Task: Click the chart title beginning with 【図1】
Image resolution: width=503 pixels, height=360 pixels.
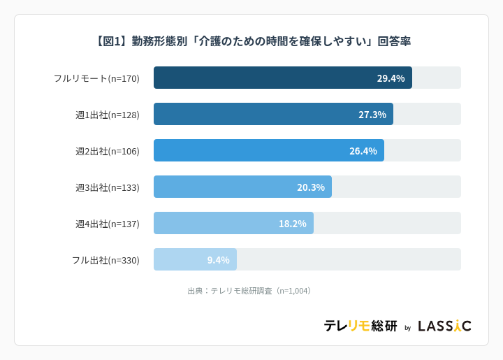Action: pos(251,41)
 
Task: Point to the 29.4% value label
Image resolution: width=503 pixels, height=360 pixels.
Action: pos(391,78)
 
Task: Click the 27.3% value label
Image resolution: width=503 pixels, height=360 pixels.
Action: pos(372,115)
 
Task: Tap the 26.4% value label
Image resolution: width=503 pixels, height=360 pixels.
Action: pos(363,151)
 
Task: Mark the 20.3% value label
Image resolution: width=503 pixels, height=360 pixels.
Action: pos(310,187)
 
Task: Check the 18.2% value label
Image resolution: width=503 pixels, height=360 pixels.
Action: pos(292,224)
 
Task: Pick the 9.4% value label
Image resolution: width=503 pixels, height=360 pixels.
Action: pos(218,260)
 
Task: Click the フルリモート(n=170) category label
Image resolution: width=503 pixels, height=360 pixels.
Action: pos(96,78)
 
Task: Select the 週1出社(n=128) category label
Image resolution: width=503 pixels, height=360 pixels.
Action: pos(108,115)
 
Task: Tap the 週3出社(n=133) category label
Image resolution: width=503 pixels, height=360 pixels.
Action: pos(108,187)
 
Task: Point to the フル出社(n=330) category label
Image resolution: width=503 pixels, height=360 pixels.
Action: pos(105,260)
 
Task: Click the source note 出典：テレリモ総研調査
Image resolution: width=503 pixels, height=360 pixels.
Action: pos(250,291)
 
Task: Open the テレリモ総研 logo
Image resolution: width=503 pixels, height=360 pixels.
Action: pos(360,326)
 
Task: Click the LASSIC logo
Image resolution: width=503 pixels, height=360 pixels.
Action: pos(444,326)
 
